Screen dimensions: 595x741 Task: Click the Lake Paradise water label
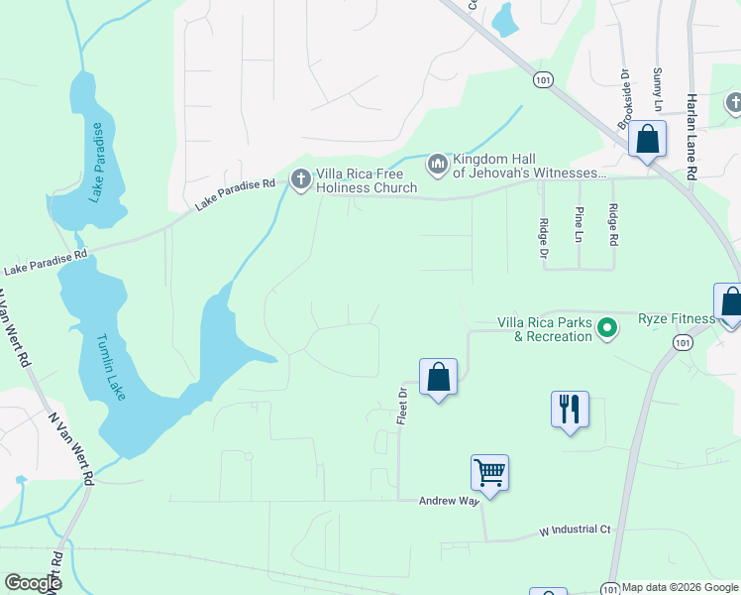point(96,162)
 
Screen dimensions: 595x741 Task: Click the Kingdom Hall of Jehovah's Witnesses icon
point(437,162)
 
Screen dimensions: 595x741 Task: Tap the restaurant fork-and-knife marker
point(570,410)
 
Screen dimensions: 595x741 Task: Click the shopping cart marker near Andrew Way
point(489,473)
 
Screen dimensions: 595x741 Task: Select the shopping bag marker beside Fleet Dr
point(438,378)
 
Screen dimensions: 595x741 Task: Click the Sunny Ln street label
point(657,89)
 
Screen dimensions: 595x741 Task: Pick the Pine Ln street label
point(579,224)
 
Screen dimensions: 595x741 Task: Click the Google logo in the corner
point(33,583)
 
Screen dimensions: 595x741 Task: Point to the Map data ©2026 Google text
point(679,587)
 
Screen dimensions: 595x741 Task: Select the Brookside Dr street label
point(624,98)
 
